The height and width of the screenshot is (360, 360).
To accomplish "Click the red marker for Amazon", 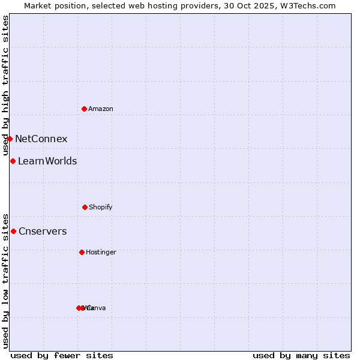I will click(84, 109).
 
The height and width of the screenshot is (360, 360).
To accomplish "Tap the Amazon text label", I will click(101, 109).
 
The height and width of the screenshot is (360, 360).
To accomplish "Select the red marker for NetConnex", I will click(10, 139).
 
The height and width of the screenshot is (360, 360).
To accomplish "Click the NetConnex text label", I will click(41, 139).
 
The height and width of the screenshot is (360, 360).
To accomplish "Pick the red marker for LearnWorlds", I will click(13, 161).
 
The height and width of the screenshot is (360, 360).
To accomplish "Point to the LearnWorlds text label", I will click(47, 161).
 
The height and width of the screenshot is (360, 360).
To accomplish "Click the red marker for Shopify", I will click(85, 207).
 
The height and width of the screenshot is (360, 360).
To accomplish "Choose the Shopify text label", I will click(101, 208).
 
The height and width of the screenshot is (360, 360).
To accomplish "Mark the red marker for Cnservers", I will click(13, 231).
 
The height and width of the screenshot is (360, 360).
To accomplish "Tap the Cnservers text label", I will click(43, 232).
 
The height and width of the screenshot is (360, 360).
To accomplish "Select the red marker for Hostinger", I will click(82, 252).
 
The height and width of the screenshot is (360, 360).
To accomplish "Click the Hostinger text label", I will click(101, 253).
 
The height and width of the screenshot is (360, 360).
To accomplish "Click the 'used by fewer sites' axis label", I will click(62, 355).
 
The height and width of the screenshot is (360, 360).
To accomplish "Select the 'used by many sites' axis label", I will click(301, 355).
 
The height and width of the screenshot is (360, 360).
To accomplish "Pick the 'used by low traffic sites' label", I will click(5, 280).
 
